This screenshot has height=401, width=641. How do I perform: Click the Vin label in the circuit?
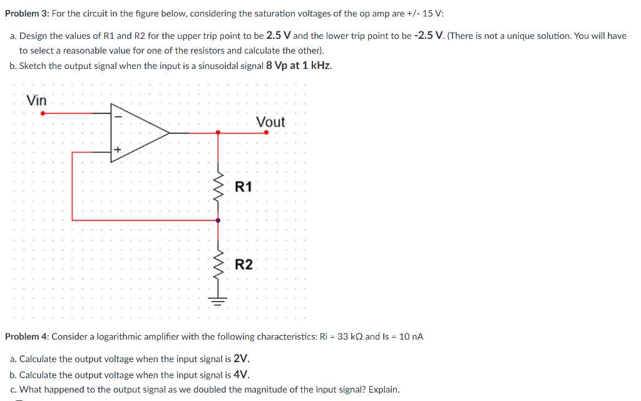tap(36, 100)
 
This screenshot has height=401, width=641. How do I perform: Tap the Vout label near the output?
tap(270, 122)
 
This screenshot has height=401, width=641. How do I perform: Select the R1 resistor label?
tap(244, 187)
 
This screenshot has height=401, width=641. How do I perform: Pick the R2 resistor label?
tap(244, 264)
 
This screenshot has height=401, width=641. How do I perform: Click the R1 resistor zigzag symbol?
tap(218, 185)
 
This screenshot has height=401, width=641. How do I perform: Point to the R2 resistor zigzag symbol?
tap(218, 264)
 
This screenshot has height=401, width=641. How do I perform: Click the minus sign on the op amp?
tap(117, 115)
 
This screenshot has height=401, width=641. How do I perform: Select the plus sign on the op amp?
tap(117, 150)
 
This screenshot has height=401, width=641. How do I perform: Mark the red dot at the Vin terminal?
tap(43, 113)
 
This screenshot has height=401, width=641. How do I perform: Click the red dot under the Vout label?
tap(266, 132)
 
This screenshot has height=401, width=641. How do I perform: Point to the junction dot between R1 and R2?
tap(218, 220)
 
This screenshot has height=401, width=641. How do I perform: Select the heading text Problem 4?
tap(26, 336)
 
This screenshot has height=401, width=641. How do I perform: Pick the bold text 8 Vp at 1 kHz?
tap(299, 66)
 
